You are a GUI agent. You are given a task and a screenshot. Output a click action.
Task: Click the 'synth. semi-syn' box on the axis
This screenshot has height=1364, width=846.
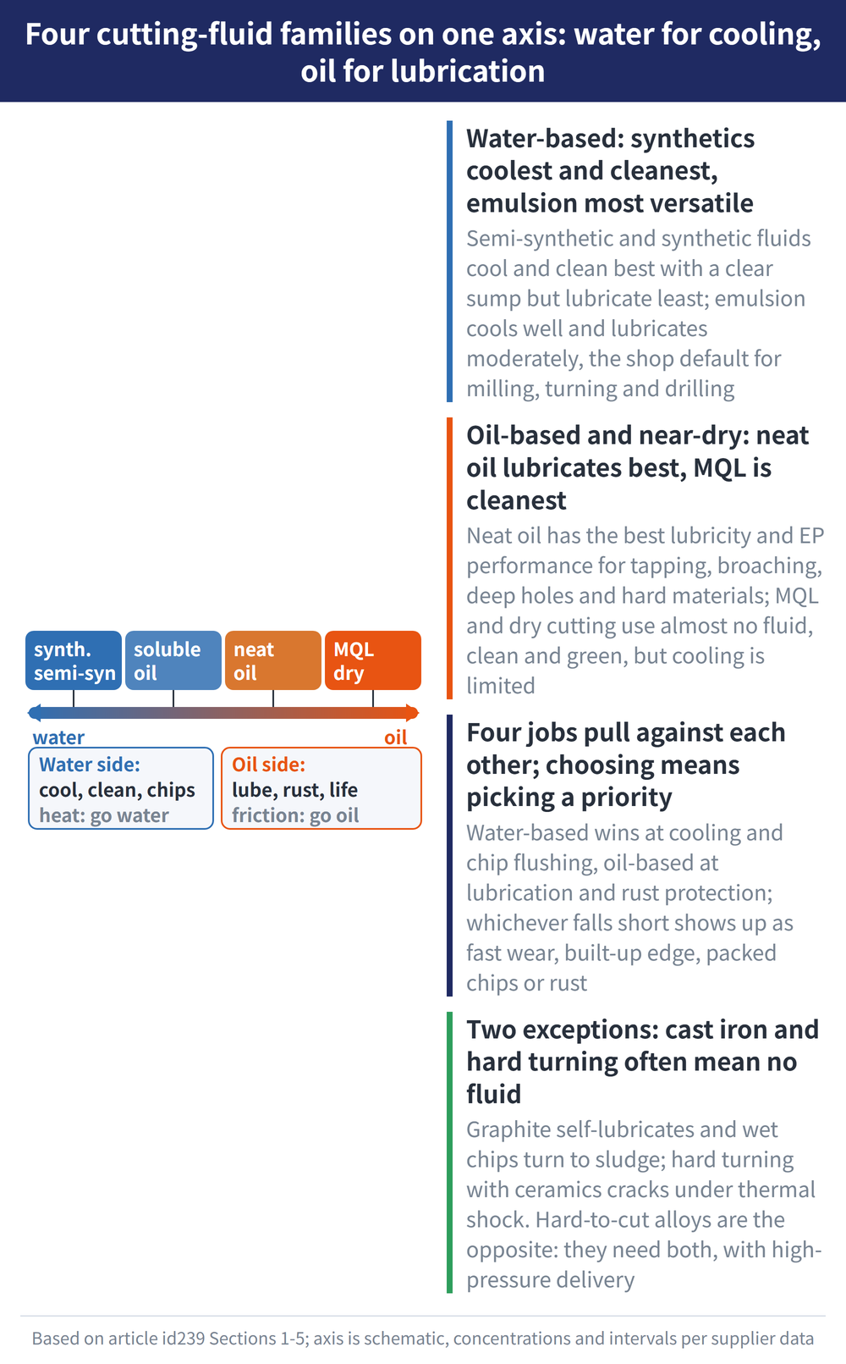coord(74,660)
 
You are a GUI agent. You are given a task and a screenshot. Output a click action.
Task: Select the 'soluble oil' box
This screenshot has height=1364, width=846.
coord(173,660)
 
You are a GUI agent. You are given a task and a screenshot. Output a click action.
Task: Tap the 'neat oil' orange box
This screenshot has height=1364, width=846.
coord(273,660)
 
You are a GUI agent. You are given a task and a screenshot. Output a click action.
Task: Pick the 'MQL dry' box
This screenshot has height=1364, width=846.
coord(373,660)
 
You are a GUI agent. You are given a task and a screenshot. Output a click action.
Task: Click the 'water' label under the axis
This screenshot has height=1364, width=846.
coord(58,737)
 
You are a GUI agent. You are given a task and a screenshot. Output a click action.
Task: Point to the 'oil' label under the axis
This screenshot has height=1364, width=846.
coord(395,737)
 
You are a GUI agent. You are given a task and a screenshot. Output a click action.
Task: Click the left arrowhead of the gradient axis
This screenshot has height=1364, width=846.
coord(34,712)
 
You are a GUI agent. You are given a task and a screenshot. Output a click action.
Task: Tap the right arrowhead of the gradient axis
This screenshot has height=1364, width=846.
coord(413,712)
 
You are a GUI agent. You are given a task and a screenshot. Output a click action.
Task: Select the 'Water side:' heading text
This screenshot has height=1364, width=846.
coord(90,765)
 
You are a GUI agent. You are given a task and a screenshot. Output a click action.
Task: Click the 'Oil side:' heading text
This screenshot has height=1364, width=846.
coord(268,765)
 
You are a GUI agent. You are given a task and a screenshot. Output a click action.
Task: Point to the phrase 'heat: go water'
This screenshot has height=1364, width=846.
coord(104,815)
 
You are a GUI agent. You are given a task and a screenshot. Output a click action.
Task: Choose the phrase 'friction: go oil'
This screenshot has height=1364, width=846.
coord(295,815)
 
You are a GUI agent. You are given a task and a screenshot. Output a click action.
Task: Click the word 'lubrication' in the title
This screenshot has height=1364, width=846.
coord(468,71)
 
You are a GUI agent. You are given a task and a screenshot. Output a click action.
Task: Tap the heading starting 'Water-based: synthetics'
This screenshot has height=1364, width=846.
coord(611,171)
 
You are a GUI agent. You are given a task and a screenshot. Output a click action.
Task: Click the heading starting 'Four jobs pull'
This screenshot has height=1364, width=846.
coord(626,765)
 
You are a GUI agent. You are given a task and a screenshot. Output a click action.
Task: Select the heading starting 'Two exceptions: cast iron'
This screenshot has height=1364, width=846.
coord(643,1062)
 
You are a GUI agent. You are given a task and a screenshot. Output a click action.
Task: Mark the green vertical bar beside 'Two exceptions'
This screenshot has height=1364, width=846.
coord(450,1152)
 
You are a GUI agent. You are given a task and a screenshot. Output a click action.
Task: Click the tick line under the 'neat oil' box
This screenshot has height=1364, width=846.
coord(273,699)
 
